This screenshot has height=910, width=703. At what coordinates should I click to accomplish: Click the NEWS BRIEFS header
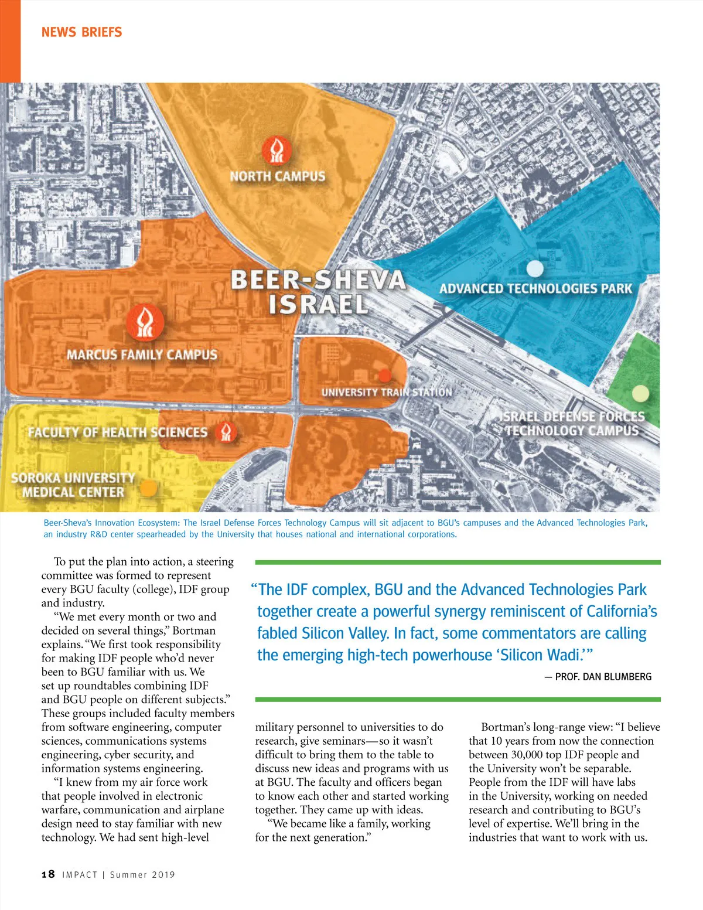(81, 32)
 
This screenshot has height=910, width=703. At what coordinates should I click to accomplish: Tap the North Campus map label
(277, 176)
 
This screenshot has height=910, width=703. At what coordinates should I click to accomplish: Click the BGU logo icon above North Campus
(277, 151)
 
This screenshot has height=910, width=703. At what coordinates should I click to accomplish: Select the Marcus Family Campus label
(142, 355)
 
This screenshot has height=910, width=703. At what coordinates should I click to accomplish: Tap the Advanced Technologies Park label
(535, 288)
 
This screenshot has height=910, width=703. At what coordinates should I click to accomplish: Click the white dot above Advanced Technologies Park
(535, 269)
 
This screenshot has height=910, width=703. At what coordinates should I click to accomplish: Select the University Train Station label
(387, 392)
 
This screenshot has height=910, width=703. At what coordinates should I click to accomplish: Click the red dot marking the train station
(385, 376)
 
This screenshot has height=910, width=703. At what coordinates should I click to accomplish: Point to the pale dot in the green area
(641, 393)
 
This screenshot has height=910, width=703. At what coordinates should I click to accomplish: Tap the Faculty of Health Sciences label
(118, 432)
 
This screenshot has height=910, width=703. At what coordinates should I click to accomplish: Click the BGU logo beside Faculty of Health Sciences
(226, 432)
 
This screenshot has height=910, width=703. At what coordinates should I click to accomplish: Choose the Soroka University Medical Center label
(73, 485)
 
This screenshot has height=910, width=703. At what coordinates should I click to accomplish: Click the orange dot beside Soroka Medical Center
(149, 488)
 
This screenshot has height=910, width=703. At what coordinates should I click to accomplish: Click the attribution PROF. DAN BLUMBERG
(603, 676)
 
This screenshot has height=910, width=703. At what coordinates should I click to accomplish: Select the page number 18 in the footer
(48, 874)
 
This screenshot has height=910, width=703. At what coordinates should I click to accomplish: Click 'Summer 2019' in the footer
(142, 875)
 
